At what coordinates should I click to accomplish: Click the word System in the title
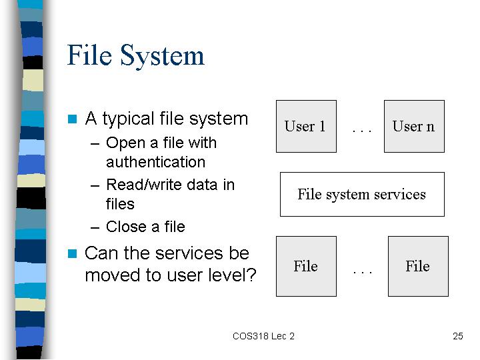(x=162, y=56)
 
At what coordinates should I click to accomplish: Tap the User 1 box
(x=306, y=126)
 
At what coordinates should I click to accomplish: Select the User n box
(x=414, y=126)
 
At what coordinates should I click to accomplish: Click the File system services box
(x=362, y=195)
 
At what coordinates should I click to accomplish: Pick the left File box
(x=306, y=266)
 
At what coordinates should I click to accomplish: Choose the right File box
(x=418, y=266)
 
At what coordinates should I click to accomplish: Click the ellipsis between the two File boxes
(x=363, y=272)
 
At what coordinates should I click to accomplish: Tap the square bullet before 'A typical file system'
(x=72, y=119)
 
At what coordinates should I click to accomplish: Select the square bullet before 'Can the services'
(x=72, y=253)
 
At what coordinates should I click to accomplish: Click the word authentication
(x=155, y=162)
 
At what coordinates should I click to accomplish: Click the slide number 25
(x=457, y=336)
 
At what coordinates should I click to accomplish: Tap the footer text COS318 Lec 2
(x=263, y=336)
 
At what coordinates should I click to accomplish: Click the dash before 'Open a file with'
(x=95, y=143)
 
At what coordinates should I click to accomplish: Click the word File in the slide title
(x=89, y=55)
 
